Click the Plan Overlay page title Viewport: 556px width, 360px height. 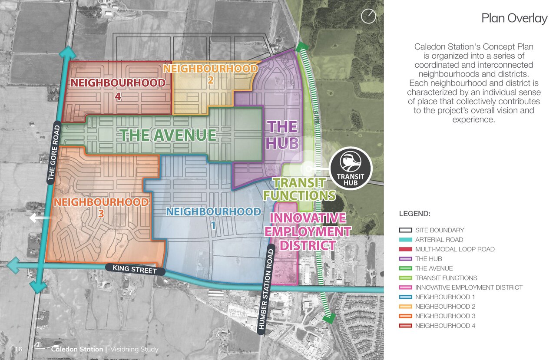(514, 18)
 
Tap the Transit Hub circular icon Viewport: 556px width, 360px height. (351, 168)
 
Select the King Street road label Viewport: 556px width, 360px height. (134, 269)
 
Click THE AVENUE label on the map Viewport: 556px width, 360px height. (168, 135)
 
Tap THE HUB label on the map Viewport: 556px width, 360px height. (282, 135)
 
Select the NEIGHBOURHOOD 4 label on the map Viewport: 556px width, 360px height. (118, 89)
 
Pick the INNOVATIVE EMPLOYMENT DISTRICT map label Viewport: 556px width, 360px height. (308, 231)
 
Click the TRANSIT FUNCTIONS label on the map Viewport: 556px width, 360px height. (300, 189)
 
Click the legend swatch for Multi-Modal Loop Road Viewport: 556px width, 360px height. (405, 249)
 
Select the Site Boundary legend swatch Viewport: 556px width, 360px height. (405, 230)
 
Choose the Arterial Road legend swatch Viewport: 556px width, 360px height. (405, 240)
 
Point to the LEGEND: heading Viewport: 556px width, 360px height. (414, 214)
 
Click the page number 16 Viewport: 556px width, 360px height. (19, 349)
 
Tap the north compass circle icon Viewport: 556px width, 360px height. (368, 17)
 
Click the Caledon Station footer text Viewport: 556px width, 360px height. (77, 349)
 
